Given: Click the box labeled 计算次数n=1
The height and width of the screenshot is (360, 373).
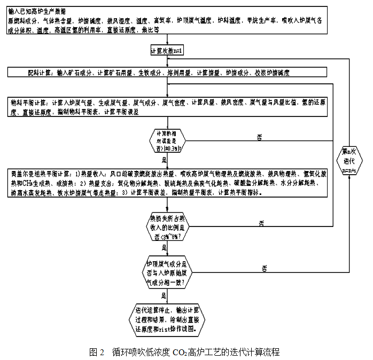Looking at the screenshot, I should coord(167,51).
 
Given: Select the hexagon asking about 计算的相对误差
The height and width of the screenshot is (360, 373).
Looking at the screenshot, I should coord(167,140).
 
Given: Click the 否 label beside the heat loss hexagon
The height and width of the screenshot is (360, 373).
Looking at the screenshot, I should coord(261,221).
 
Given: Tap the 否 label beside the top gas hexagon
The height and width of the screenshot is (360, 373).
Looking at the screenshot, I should coord(264,269).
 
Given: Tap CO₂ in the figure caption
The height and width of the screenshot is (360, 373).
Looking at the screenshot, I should coord(179,353).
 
